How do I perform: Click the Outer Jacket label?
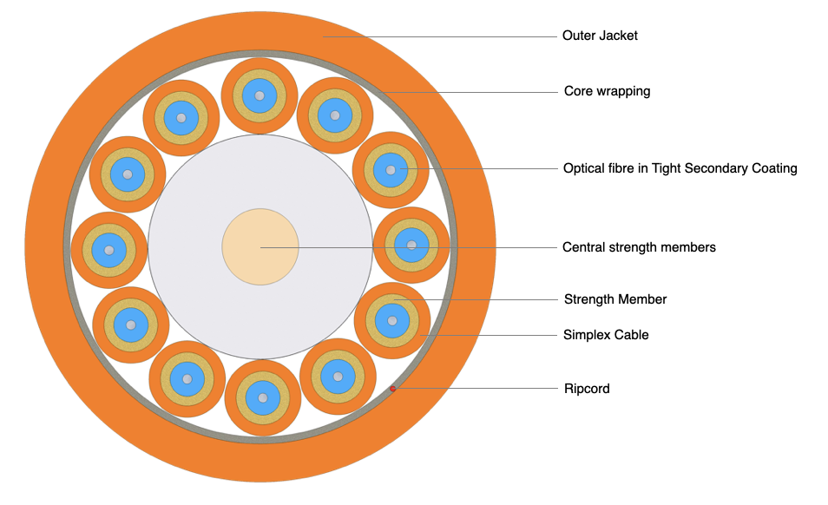coord(600,36)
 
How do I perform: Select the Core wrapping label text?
coord(607,91)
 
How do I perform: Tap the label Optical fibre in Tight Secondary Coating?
coord(680,168)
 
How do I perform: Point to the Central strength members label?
coord(639,247)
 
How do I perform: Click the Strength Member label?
coord(615,299)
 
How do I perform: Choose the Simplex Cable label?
coord(606,335)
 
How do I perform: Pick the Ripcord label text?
coord(587,389)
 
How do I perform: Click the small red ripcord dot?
coord(393,389)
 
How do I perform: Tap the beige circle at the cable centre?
coord(260,246)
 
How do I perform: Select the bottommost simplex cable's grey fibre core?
coord(262,398)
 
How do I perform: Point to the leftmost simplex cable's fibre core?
coord(108,250)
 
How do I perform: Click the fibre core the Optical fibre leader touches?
coord(391,169)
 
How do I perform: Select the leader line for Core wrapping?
coord(469,92)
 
